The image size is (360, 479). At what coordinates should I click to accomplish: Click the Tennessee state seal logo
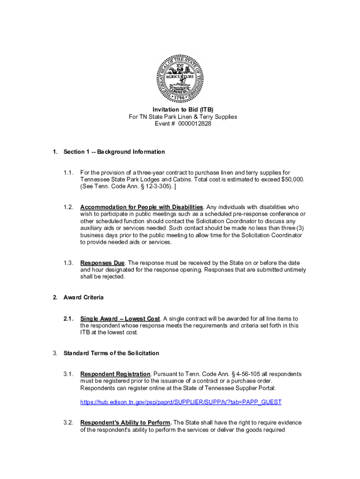click(180, 78)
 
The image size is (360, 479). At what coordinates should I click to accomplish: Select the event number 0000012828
click(191, 124)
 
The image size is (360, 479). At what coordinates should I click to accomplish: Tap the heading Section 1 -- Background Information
click(114, 152)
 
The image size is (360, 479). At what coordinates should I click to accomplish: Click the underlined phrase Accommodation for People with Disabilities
click(142, 207)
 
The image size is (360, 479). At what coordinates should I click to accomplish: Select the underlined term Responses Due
click(102, 263)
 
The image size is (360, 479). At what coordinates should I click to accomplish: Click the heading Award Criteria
click(84, 298)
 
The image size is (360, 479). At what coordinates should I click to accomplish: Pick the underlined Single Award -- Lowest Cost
click(120, 319)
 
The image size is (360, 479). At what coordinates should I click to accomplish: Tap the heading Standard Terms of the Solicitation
click(111, 353)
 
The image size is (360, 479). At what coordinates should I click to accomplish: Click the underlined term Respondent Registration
click(115, 374)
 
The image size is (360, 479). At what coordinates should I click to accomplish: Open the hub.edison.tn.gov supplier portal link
click(181, 402)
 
